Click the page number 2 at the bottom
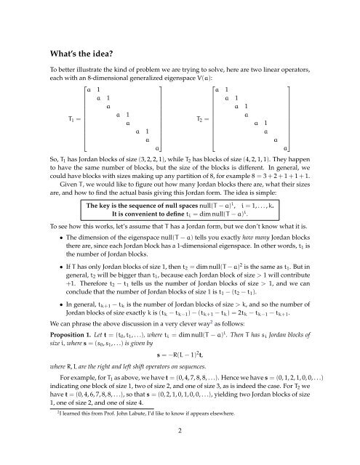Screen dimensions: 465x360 (180, 451)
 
